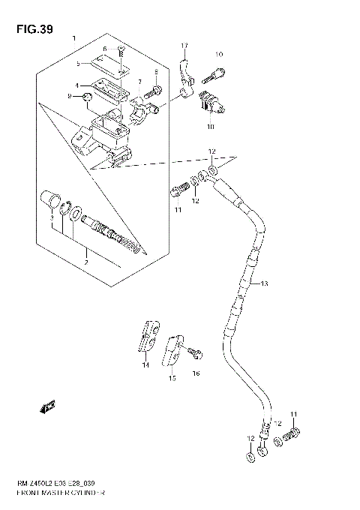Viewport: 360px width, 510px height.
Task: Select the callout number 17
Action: pyautogui.click(x=182, y=46)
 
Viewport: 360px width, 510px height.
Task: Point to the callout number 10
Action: pyautogui.click(x=219, y=55)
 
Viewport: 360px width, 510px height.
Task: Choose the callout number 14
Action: pyautogui.click(x=145, y=365)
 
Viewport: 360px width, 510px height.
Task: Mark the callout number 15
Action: pyautogui.click(x=172, y=379)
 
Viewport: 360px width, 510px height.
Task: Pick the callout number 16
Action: pyautogui.click(x=197, y=373)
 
